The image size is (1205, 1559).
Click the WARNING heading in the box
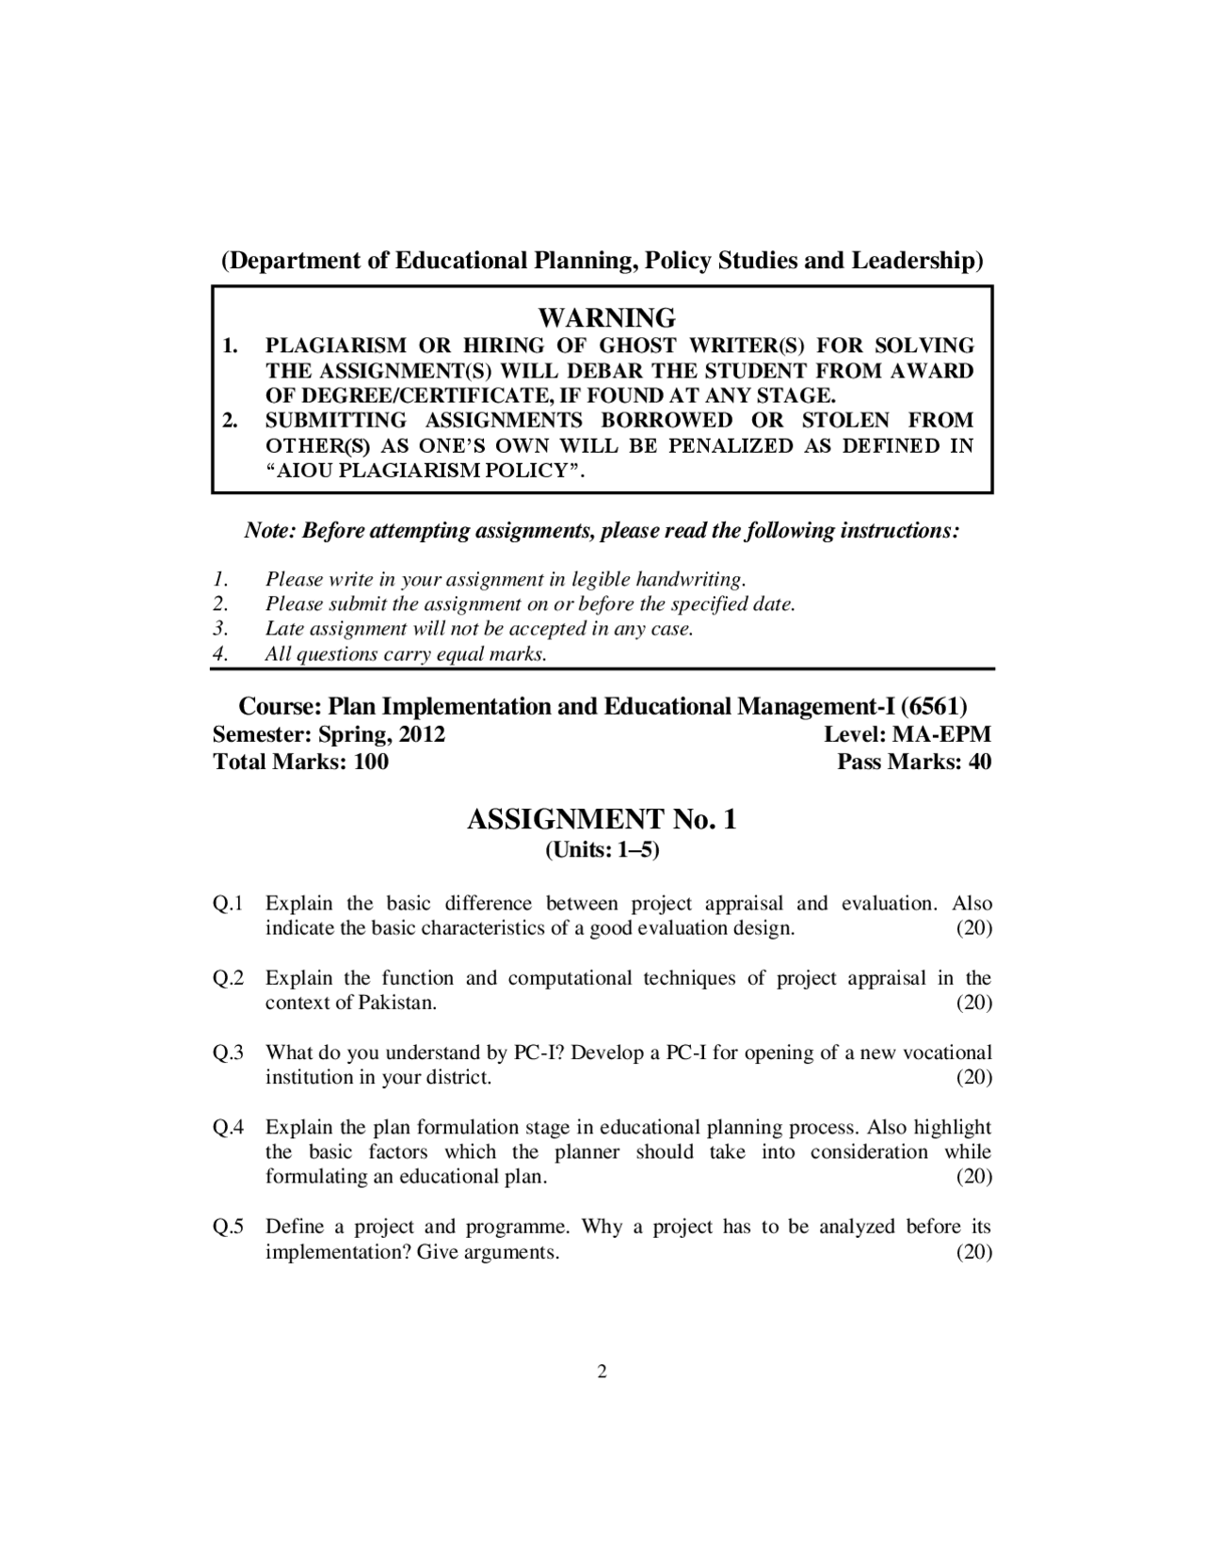[x=606, y=317]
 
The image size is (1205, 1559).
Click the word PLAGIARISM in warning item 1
[x=335, y=346]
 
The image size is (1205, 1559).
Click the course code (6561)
[x=933, y=706]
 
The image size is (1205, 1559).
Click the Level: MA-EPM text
[x=907, y=734]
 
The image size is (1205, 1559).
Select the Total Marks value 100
[x=371, y=762]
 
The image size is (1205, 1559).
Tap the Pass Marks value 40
[x=979, y=762]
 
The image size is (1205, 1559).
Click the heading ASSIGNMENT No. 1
[x=602, y=819]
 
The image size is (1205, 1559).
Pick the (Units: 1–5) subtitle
[x=602, y=850]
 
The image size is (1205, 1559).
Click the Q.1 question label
[x=228, y=904]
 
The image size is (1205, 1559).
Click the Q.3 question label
[x=228, y=1053]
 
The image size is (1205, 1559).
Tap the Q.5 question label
[x=228, y=1227]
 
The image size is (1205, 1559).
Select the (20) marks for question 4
[x=974, y=1177]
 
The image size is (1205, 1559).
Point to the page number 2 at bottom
[x=602, y=1371]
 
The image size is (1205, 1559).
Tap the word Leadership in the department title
[x=918, y=260]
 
